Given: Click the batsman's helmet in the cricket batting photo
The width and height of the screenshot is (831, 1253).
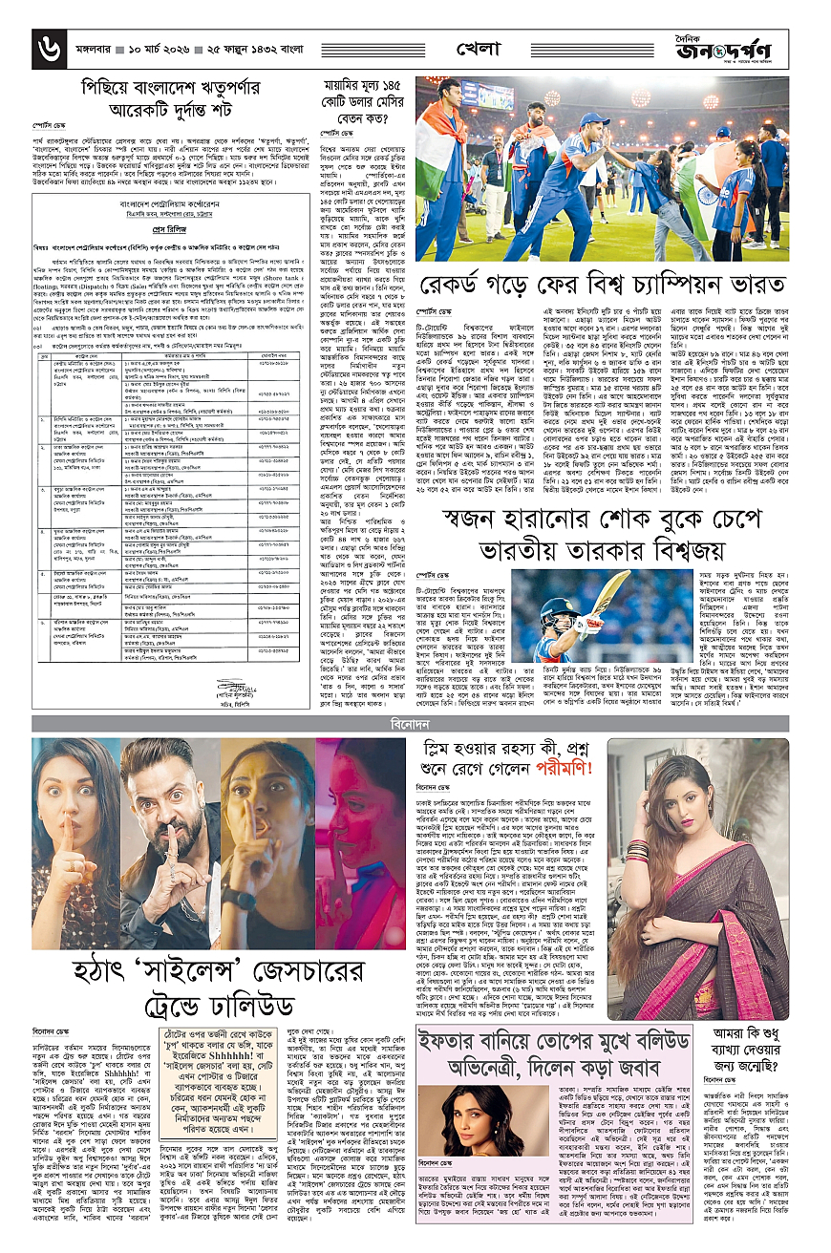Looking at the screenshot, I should tap(561, 609).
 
